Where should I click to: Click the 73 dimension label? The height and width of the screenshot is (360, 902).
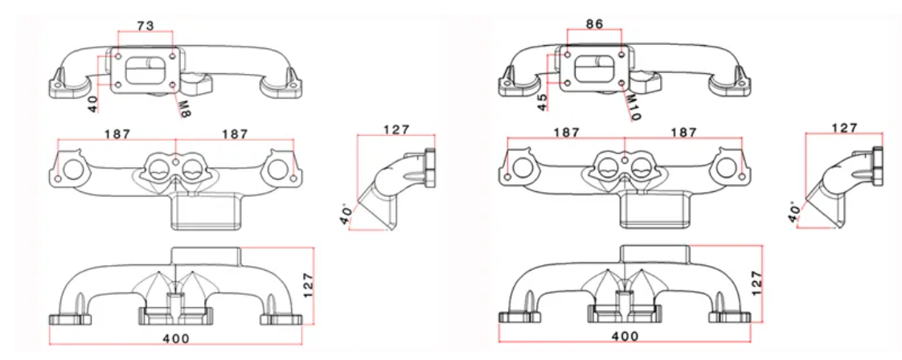point(145,27)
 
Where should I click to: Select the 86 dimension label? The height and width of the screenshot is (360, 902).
point(594,25)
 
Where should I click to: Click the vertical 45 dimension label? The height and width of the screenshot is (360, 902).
point(542,102)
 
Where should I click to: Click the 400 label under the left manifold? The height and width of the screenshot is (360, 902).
point(178,339)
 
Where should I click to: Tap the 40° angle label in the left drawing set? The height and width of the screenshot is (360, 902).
point(346,217)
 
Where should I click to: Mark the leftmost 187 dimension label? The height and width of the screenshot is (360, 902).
point(117,135)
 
